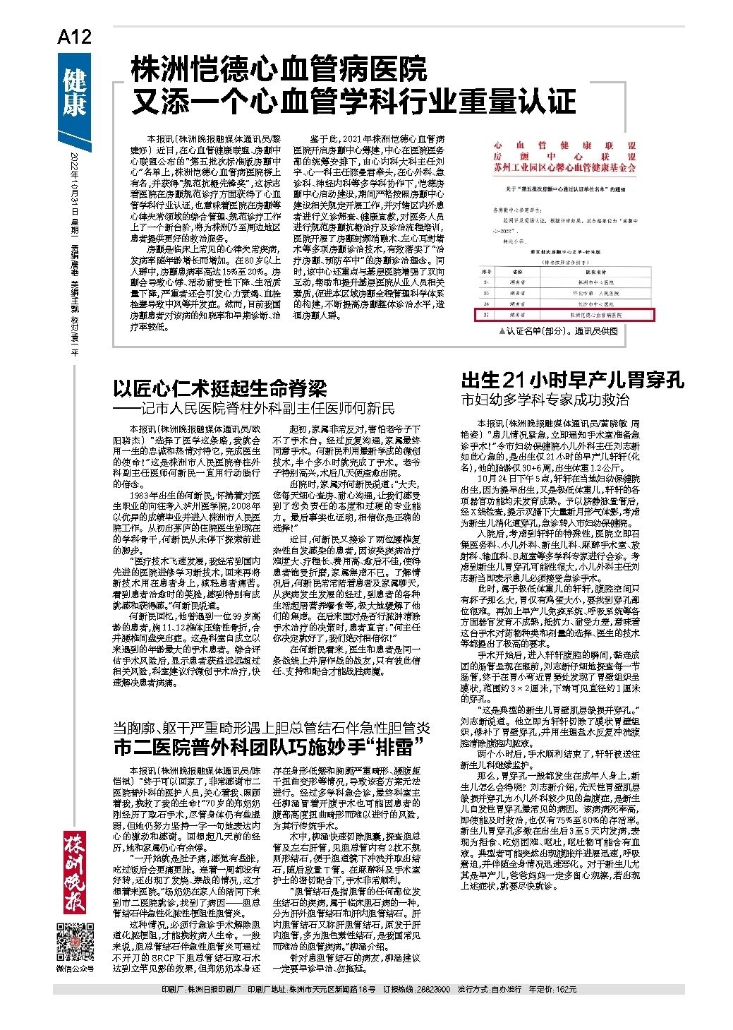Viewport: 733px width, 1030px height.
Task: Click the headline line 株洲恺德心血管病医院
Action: click(279, 70)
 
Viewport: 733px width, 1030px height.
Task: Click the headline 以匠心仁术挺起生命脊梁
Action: click(220, 388)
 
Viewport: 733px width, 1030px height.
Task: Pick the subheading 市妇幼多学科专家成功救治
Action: click(545, 400)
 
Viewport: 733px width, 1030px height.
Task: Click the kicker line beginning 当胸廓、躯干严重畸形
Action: click(272, 727)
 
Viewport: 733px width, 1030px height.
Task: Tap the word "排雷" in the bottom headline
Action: click(398, 746)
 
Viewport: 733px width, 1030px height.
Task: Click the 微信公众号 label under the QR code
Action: click(74, 968)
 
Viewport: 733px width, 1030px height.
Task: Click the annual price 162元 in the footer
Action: click(567, 990)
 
